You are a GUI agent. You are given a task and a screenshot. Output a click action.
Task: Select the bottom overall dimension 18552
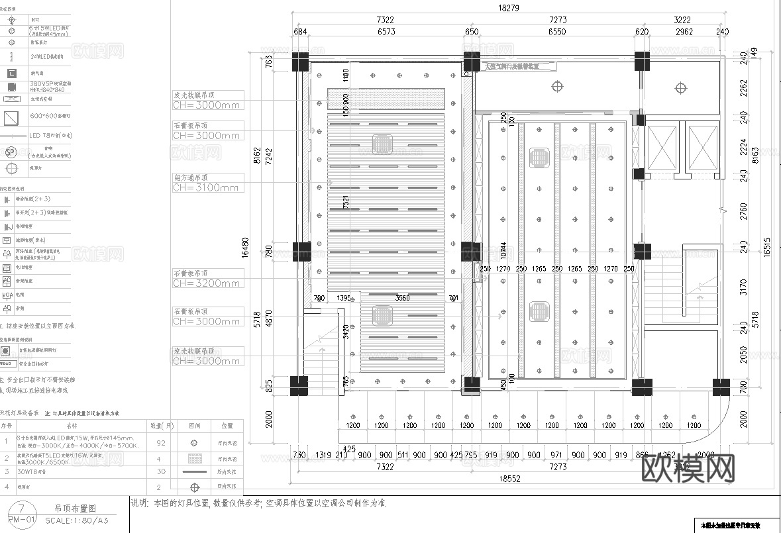click(509, 478)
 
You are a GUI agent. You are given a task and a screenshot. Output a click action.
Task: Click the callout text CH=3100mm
click(206, 188)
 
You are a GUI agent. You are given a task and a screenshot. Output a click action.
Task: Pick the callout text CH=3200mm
click(206, 283)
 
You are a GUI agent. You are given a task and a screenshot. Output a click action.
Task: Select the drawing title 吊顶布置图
click(75, 509)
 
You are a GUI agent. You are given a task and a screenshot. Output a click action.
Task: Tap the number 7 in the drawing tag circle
click(23, 509)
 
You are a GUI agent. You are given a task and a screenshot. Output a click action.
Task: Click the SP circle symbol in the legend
click(10, 152)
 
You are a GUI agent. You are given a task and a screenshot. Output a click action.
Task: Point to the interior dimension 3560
click(403, 298)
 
